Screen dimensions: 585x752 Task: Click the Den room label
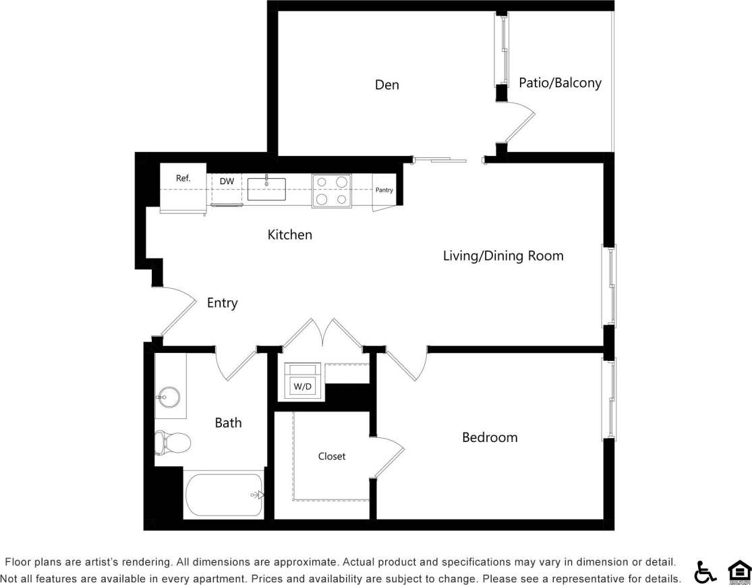(x=386, y=85)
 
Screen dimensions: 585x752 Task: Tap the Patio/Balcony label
(x=560, y=83)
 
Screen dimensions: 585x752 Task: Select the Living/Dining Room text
(x=502, y=256)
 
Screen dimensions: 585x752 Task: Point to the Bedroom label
(x=490, y=437)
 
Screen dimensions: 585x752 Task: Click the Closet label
(x=331, y=457)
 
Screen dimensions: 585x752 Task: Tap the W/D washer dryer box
(x=301, y=387)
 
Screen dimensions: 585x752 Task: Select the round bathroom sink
(x=169, y=397)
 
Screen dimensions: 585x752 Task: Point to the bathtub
(x=223, y=495)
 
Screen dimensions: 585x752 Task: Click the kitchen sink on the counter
(x=266, y=189)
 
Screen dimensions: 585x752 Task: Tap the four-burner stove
(x=331, y=190)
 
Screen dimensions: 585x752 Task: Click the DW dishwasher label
(x=227, y=182)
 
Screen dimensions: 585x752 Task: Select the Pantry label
(x=384, y=190)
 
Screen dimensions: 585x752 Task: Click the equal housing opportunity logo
(x=738, y=571)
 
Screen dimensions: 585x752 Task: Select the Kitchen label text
(x=290, y=235)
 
